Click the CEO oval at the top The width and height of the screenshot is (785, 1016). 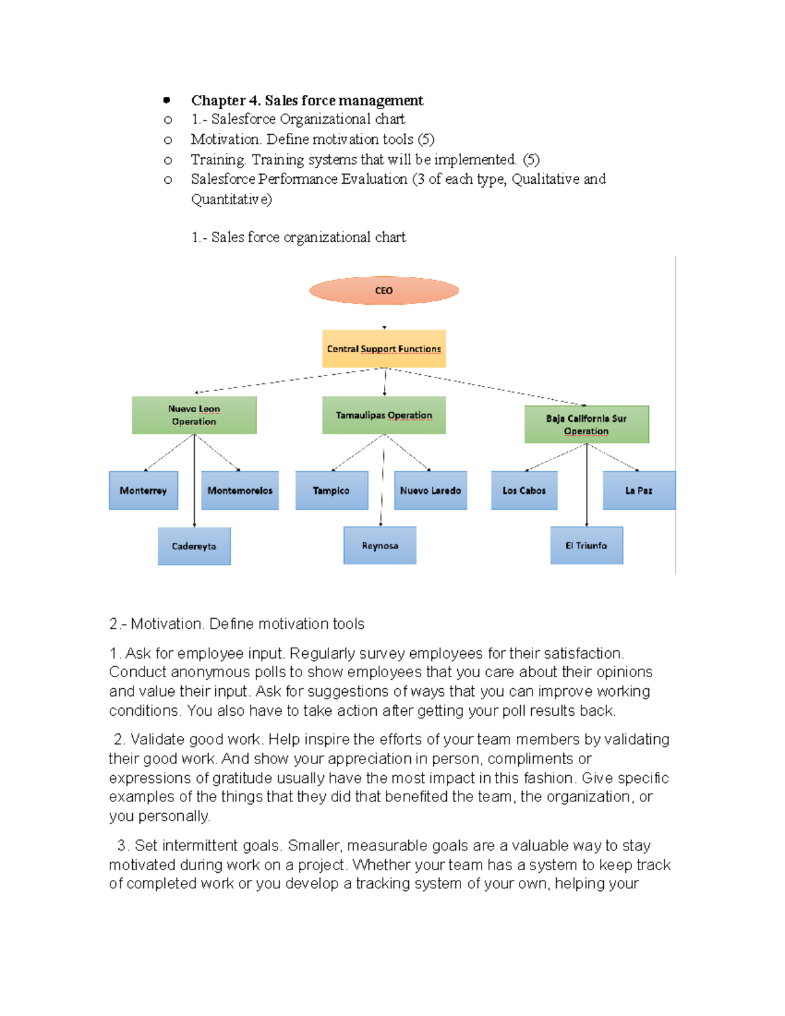(384, 290)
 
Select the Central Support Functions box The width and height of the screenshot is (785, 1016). (384, 349)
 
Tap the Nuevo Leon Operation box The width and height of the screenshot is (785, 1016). (194, 415)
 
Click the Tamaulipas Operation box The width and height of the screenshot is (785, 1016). (384, 415)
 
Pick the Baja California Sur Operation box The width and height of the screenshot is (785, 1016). (587, 424)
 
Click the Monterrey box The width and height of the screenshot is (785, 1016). (143, 490)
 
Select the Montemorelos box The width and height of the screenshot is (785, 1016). (240, 490)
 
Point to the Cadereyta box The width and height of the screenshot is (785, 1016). (194, 546)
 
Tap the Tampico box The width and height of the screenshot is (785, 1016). (332, 490)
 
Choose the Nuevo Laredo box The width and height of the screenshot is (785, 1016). (430, 490)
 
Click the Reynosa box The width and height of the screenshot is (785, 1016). (380, 545)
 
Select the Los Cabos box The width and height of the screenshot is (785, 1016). (524, 490)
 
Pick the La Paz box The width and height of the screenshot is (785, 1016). (638, 490)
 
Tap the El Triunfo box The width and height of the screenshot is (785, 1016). (587, 545)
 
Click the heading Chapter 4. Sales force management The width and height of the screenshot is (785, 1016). (307, 100)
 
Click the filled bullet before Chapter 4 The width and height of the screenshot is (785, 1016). (167, 100)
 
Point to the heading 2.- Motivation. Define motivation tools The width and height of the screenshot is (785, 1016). (237, 623)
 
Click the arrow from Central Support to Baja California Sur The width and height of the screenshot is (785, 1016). (487, 387)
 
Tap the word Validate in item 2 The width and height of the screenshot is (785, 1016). (157, 739)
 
